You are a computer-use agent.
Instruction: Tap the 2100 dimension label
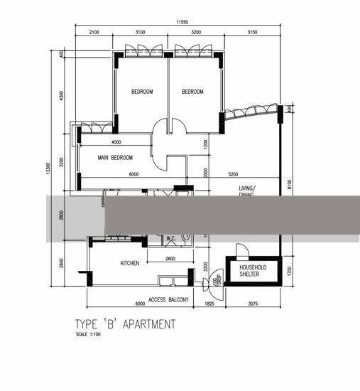94,32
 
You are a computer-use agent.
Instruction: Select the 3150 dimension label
251,32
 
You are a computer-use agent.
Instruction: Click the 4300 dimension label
62,95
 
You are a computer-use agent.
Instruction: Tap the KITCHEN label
130,263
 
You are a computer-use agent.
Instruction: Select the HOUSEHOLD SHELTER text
253,271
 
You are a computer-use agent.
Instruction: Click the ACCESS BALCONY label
168,300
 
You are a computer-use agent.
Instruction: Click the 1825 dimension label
209,304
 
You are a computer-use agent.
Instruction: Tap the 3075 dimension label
253,304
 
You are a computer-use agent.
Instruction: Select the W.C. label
170,238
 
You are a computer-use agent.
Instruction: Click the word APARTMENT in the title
149,324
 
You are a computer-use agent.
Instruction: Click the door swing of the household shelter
241,250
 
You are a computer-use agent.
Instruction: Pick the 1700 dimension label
290,270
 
